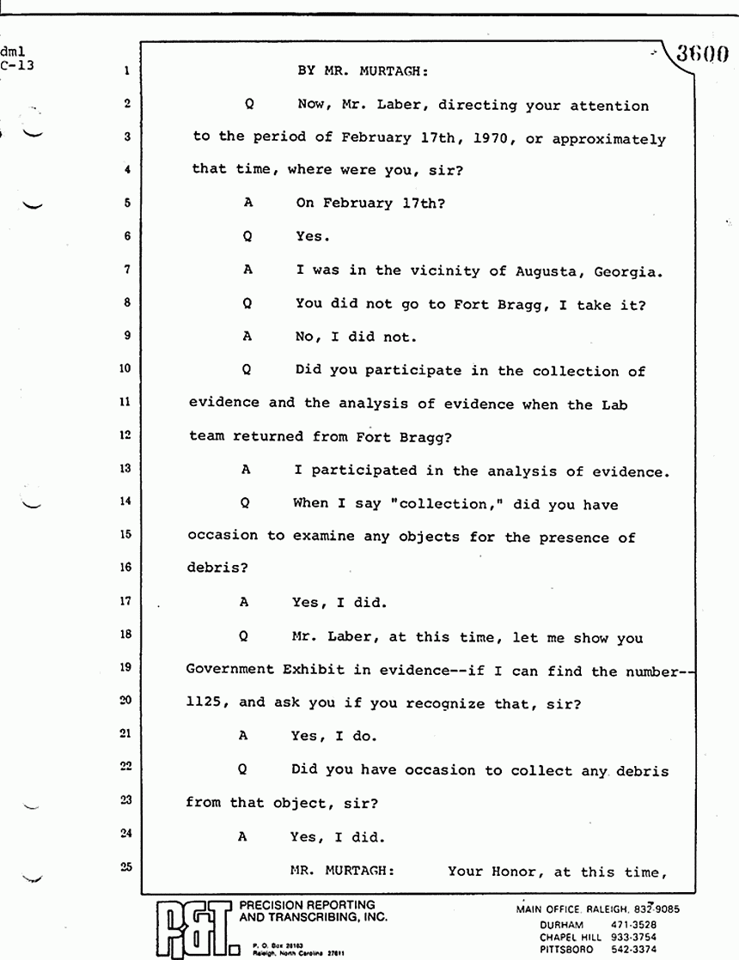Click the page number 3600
[702, 55]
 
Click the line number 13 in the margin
[125, 470]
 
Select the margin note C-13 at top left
[17, 64]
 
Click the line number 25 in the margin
[125, 868]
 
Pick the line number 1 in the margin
[125, 73]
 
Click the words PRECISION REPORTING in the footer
[307, 904]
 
